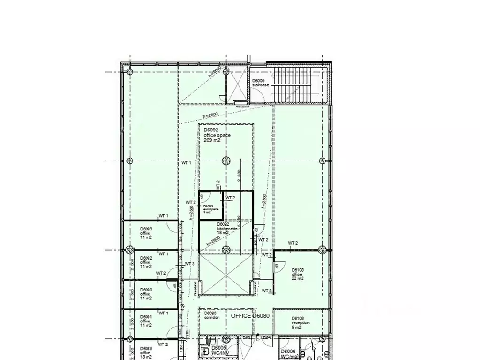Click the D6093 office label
coord(146,233)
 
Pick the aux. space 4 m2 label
coord(208,209)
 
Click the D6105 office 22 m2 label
coord(298,274)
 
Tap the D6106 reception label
coord(301,323)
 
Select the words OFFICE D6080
coord(250,316)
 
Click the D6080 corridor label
coord(209,316)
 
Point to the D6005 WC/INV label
coord(219,350)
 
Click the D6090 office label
coord(146,294)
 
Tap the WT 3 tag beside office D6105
coord(267,291)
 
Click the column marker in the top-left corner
coord(129,72)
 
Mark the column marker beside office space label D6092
coord(226,161)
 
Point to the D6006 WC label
coord(288,353)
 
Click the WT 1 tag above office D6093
coord(163,216)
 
